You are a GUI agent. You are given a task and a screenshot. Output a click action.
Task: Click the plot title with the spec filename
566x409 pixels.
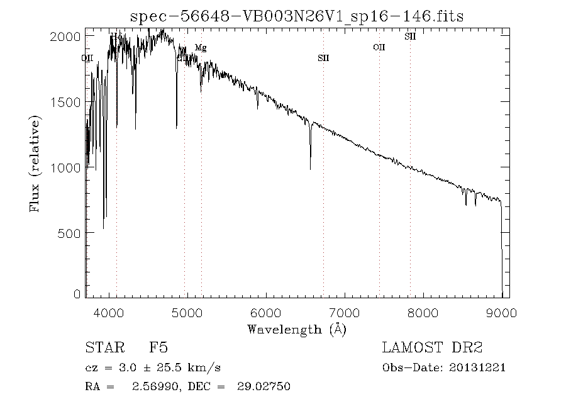[x=297, y=16]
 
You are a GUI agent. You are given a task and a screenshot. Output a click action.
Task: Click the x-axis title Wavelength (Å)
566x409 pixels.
[x=297, y=328]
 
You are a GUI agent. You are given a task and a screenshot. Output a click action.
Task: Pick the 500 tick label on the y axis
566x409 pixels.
[x=70, y=233]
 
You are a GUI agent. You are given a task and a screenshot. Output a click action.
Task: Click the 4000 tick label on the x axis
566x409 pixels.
[x=109, y=312]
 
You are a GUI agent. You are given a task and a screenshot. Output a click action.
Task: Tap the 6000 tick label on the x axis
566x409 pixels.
[x=266, y=312]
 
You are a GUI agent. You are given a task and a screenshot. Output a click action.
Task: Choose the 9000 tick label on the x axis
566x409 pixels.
[x=501, y=312]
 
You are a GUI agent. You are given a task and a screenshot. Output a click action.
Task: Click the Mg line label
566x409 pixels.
[x=201, y=48]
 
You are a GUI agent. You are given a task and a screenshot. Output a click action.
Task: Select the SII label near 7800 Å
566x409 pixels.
[x=410, y=36]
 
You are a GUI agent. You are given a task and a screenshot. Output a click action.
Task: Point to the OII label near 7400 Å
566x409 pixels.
[x=379, y=47]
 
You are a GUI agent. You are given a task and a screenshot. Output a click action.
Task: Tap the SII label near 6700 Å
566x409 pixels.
[x=323, y=58]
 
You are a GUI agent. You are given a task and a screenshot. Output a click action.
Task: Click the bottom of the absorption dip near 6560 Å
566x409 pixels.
[x=310, y=168]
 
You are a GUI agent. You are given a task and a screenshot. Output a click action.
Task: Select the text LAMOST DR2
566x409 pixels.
[x=432, y=347]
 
